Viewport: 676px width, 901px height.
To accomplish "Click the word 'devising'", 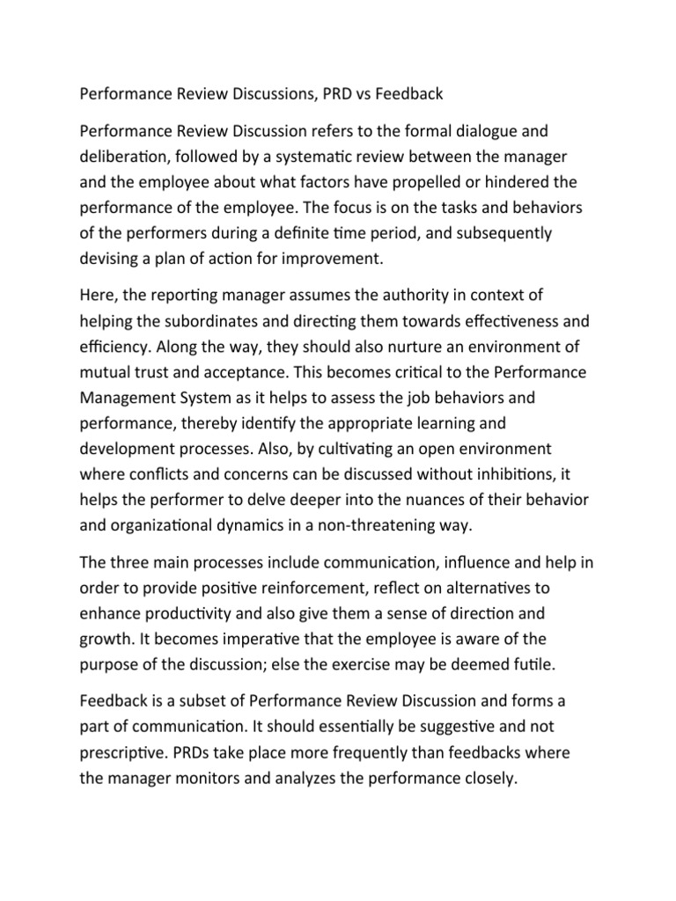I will (x=110, y=260).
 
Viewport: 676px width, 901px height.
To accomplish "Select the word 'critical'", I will (x=394, y=372).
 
